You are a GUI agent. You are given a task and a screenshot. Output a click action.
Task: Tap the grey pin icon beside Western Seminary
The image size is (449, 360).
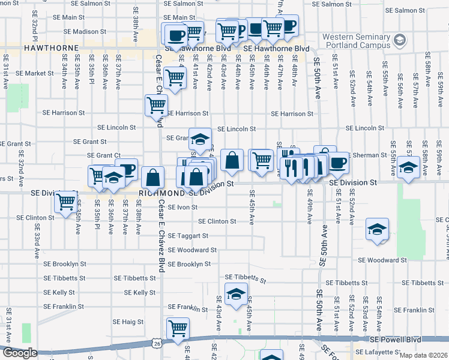click(x=400, y=41)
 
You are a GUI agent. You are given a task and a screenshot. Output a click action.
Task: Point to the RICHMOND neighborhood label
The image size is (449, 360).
click(x=160, y=193)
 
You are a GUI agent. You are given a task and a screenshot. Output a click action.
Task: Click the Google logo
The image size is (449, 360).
click(x=19, y=353)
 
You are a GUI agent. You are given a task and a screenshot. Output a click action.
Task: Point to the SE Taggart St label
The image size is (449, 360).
click(x=187, y=236)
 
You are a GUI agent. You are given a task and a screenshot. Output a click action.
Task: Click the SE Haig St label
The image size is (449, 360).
click(x=128, y=322)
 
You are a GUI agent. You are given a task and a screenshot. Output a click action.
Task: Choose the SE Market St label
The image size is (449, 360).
click(x=35, y=73)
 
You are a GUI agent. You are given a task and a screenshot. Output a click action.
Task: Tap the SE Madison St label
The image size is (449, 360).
click(x=85, y=31)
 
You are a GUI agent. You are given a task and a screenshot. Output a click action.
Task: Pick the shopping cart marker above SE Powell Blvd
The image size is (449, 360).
click(x=178, y=328)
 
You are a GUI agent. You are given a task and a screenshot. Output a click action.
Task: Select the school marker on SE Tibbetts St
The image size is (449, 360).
click(x=237, y=294)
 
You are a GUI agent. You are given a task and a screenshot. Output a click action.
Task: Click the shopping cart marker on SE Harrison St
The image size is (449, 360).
click(x=156, y=105)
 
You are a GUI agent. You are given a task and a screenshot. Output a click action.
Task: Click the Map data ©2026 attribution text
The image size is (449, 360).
click(x=424, y=355)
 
